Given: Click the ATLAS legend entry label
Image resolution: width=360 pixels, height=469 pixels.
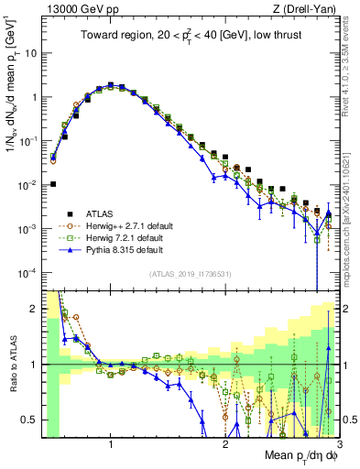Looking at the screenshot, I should point(98,211).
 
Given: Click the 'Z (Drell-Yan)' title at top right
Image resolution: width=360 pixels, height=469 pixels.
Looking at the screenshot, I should point(311,8).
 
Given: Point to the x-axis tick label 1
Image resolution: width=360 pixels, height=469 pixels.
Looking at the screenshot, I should point(111,444).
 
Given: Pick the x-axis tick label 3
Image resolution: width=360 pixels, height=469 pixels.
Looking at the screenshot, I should point(338,444).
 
